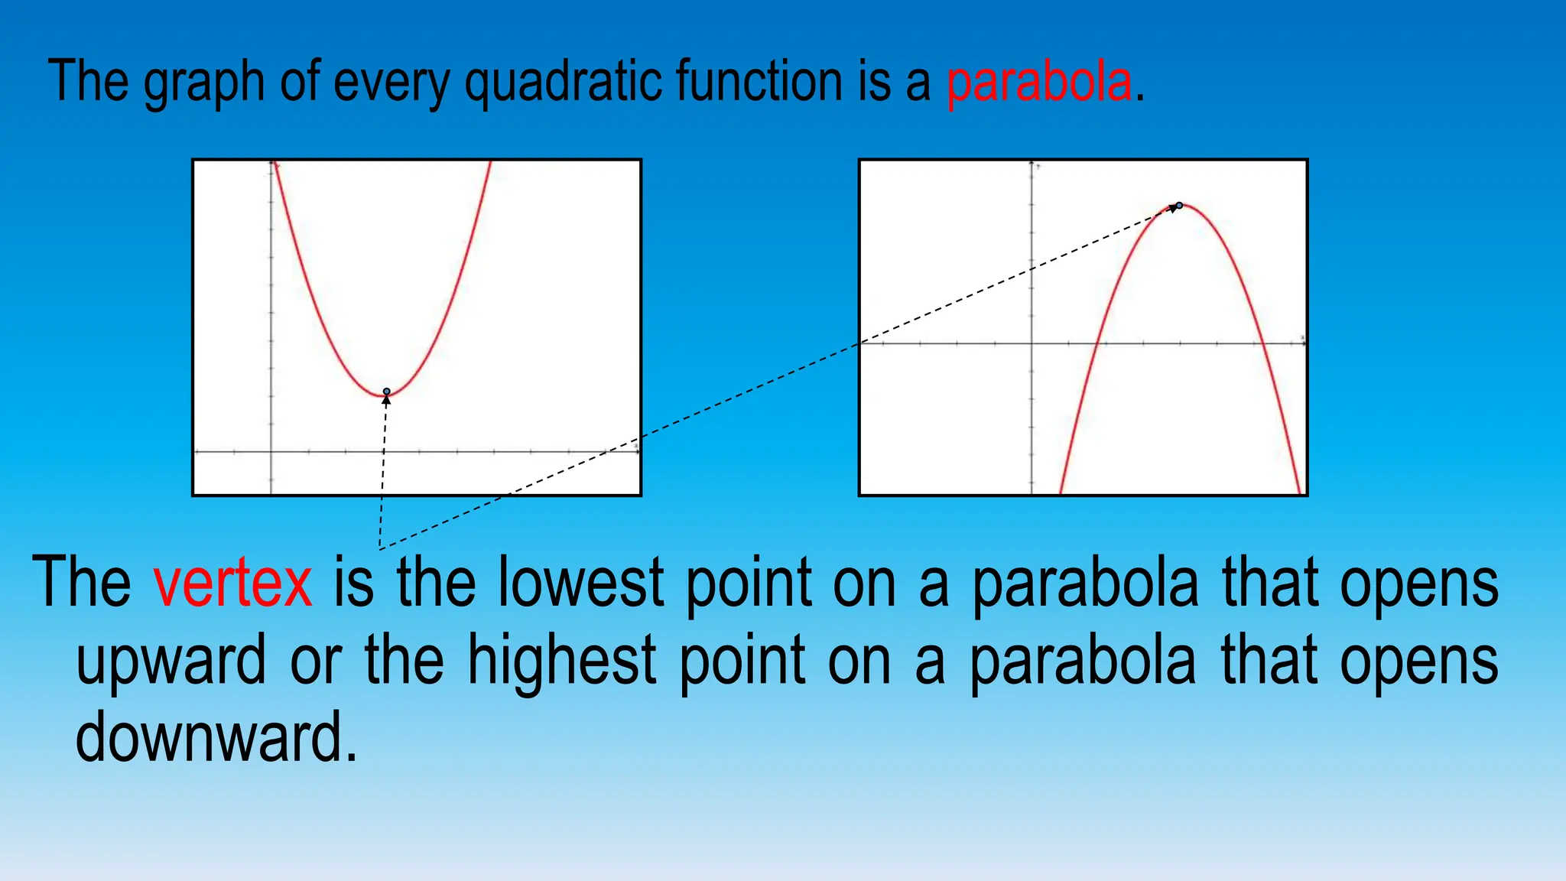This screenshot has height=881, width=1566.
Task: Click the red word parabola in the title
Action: [1038, 82]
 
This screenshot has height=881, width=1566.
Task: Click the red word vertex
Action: [232, 583]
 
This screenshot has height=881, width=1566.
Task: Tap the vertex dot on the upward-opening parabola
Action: [387, 392]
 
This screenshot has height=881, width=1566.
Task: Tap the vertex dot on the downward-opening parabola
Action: [1180, 205]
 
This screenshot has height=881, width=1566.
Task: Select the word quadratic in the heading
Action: [564, 82]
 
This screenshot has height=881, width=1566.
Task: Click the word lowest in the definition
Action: [580, 583]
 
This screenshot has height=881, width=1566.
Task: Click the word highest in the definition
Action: [562, 661]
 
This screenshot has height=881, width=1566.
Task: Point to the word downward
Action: [216, 738]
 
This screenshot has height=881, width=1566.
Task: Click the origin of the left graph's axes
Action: [271, 452]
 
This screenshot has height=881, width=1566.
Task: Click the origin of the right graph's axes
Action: [1032, 344]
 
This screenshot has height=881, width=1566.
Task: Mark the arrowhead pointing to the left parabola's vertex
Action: [387, 400]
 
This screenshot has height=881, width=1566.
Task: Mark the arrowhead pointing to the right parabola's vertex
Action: [1173, 209]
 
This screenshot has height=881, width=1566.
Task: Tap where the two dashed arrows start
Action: [379, 548]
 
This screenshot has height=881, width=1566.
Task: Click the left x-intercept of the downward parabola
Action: [1097, 344]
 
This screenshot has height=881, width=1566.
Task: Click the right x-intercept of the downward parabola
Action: [1262, 344]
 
